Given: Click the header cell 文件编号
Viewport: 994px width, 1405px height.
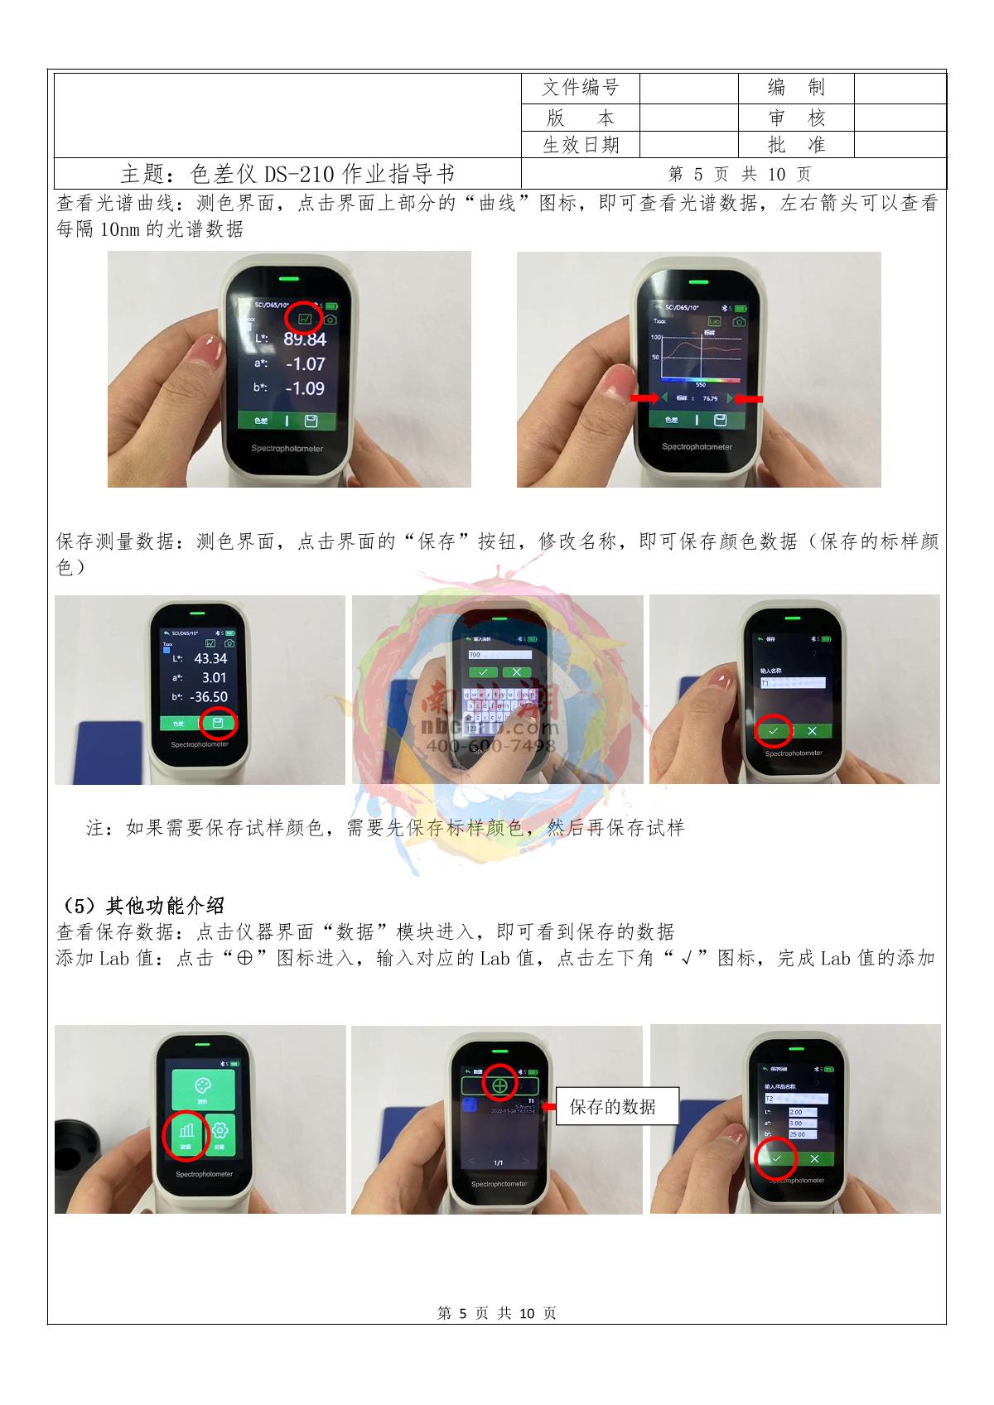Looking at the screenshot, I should (580, 88).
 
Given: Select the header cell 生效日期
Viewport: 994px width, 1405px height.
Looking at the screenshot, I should (580, 145).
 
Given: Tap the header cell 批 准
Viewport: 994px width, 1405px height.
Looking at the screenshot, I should (796, 145).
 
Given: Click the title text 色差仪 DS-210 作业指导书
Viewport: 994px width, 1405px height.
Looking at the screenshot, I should (287, 175).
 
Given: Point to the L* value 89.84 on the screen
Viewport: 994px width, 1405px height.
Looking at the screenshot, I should (304, 339).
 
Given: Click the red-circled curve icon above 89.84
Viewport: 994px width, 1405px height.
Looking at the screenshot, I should (304, 318).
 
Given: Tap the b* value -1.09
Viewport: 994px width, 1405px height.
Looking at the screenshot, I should (304, 388).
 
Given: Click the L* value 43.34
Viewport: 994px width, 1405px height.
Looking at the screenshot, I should (210, 659).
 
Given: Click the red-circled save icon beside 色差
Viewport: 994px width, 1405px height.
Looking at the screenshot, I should (218, 724).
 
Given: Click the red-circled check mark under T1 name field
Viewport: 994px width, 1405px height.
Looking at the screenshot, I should (774, 730).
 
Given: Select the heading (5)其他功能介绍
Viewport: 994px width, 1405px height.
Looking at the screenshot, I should (142, 905).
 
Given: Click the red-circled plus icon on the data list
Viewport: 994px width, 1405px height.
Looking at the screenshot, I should (499, 1084).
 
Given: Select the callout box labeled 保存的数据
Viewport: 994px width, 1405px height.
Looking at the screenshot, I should (616, 1106).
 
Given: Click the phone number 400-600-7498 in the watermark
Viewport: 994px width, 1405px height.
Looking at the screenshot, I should (490, 746).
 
